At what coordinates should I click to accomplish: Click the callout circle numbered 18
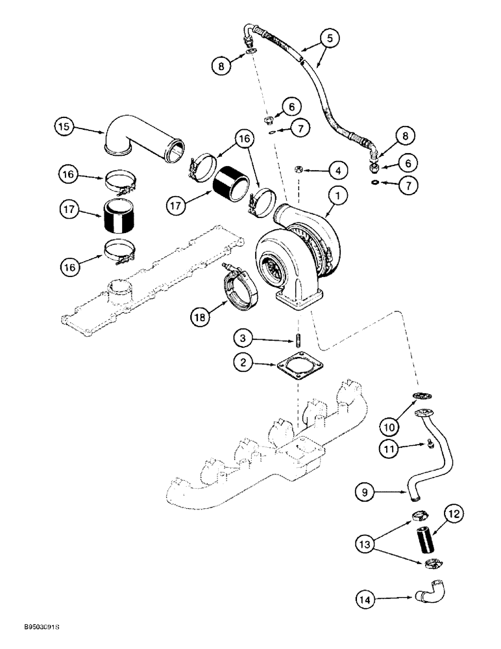[x=202, y=317]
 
